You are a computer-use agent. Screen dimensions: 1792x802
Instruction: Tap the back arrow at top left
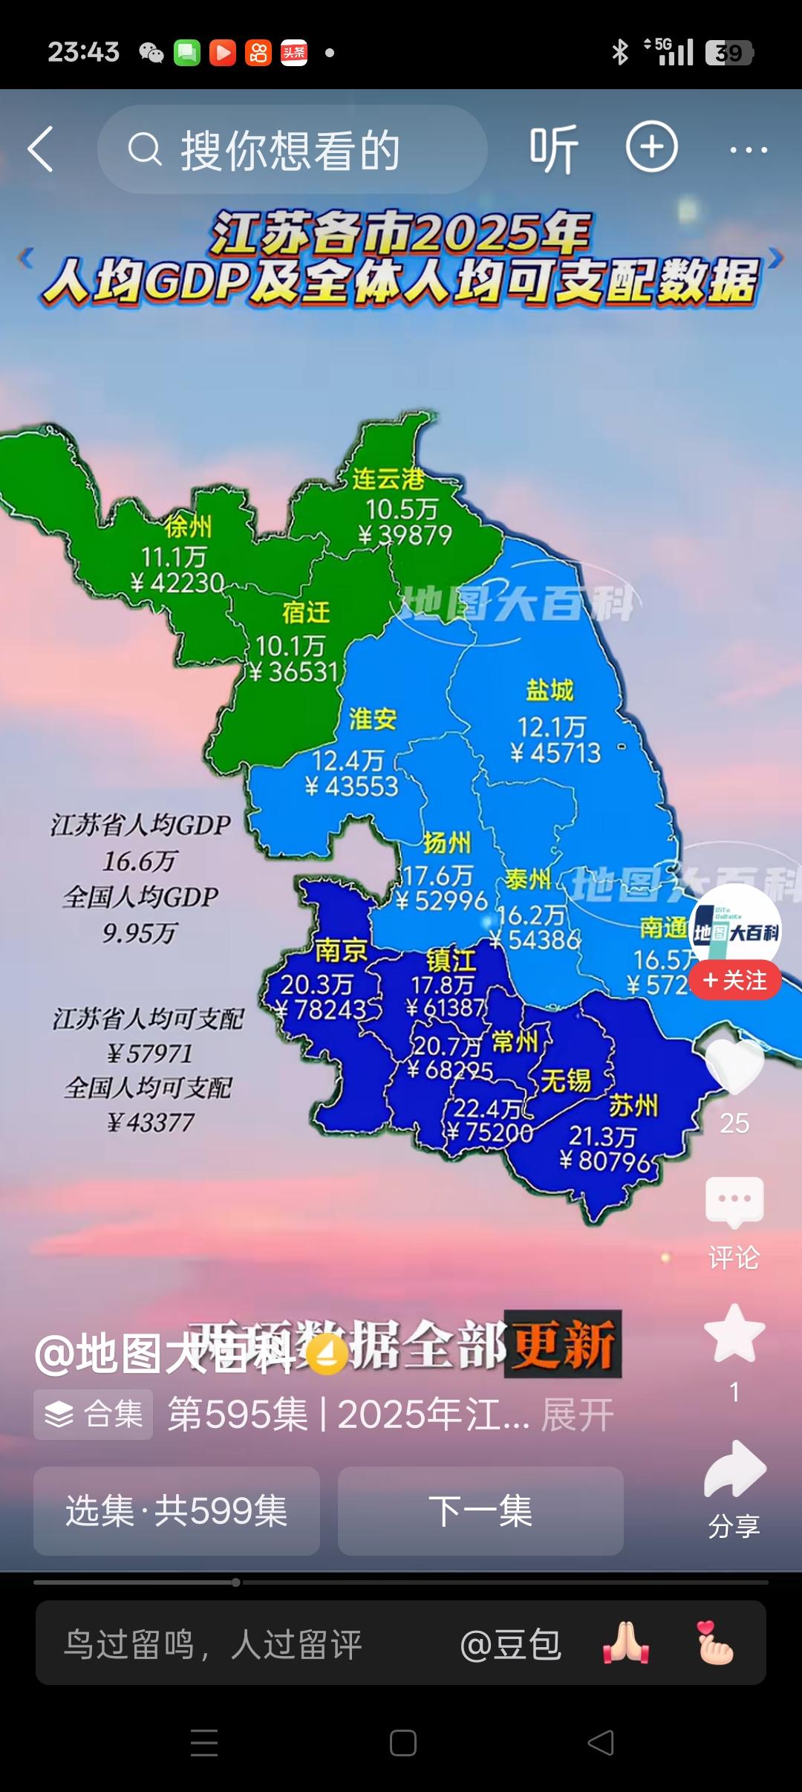pos(41,149)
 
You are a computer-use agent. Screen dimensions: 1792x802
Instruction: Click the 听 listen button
pos(553,149)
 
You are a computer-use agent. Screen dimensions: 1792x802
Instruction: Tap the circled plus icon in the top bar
pos(651,147)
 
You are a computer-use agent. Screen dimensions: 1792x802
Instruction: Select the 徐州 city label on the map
pos(189,526)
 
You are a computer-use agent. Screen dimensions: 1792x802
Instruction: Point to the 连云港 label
pos(388,479)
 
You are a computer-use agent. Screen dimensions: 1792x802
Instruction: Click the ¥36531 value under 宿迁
pos(294,672)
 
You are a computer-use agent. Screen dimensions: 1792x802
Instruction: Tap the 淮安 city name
pos(373,719)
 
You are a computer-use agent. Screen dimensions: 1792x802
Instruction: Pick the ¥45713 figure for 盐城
pos(555,753)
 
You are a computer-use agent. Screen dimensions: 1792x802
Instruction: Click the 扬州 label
pos(447,843)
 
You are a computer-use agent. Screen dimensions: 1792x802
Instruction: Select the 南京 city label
pos(341,950)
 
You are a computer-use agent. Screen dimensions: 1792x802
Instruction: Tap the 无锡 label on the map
pos(566,1080)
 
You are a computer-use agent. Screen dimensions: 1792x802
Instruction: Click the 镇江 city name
pos(451,961)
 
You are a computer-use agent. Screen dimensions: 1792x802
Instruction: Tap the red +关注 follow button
pos(734,981)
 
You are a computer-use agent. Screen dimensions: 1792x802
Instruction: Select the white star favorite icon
pos(734,1334)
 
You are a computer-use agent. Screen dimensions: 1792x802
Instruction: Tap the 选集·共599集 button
pos(177,1511)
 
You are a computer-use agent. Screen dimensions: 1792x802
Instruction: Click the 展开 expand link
pos(578,1415)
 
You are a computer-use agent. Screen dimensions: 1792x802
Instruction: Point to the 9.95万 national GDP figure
pos(140,932)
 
